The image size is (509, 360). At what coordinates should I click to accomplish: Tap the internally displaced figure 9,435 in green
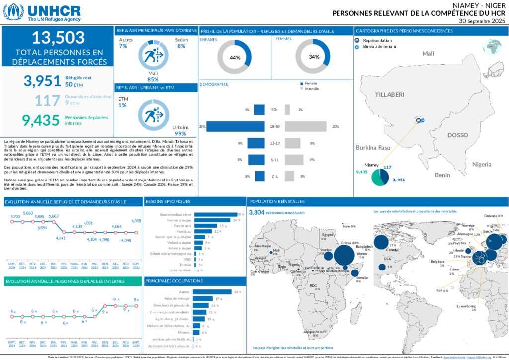tap(41, 119)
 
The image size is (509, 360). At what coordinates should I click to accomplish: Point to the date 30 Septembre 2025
tap(482, 21)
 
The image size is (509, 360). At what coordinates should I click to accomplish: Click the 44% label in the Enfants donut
tap(235, 57)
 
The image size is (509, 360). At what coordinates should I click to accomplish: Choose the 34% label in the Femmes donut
tap(314, 57)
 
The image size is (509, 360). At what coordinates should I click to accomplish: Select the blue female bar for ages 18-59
tap(235, 127)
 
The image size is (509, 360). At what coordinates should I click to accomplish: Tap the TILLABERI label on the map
tap(389, 94)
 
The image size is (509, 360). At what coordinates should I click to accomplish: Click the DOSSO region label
tap(457, 135)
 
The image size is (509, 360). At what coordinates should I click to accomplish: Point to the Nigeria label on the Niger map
tap(482, 164)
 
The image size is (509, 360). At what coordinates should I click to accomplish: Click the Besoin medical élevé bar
tap(215, 214)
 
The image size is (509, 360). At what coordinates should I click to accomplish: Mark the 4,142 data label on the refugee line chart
tap(61, 238)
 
